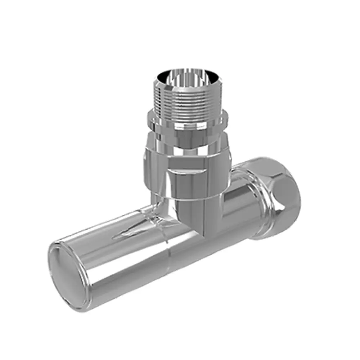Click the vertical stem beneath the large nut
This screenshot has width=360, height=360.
pos(202,216)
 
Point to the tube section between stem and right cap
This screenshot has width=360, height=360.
pos(239,205)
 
